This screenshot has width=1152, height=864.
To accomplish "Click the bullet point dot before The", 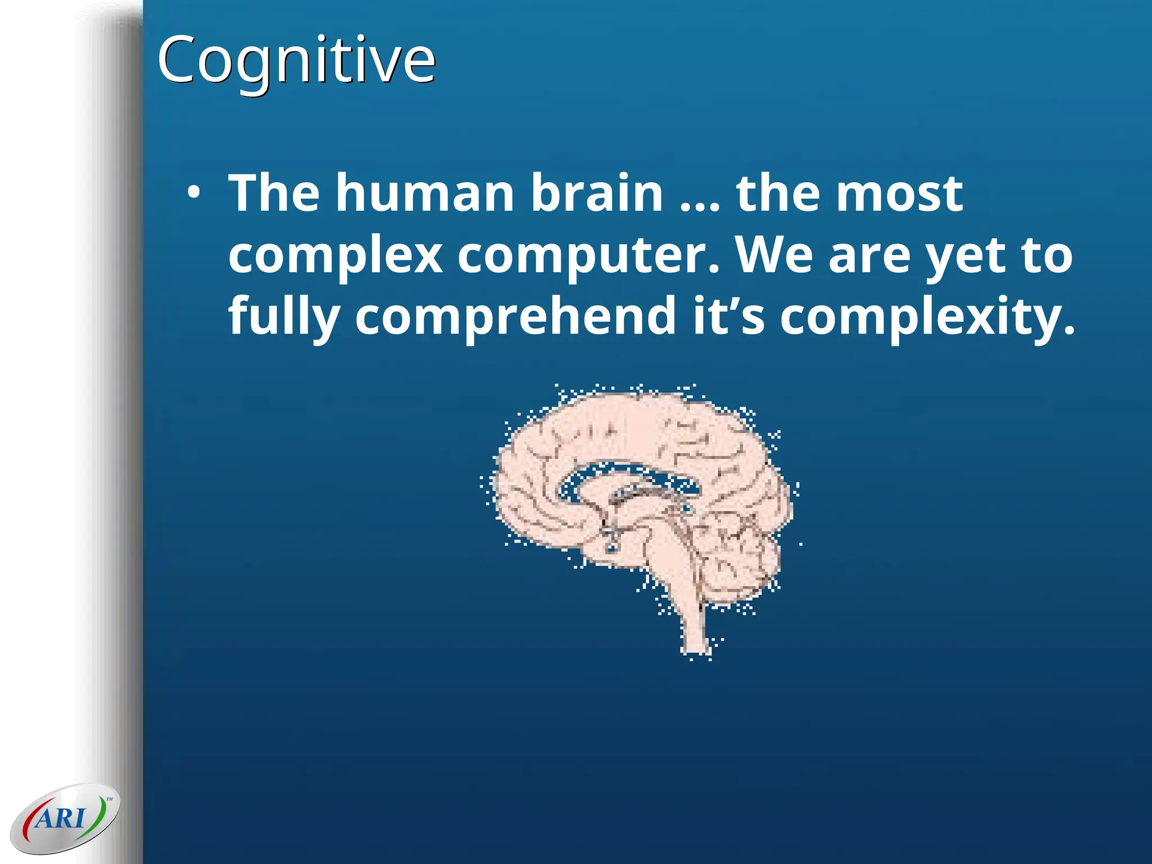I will pos(193,193).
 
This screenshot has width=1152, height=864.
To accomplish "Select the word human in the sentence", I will pos(425,193).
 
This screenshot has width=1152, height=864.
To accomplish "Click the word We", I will pos(774,254).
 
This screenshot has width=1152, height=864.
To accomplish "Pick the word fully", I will pos(283,317).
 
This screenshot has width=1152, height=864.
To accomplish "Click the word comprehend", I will pos(515,317).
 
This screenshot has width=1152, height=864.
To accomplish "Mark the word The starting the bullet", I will pos(274,193).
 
